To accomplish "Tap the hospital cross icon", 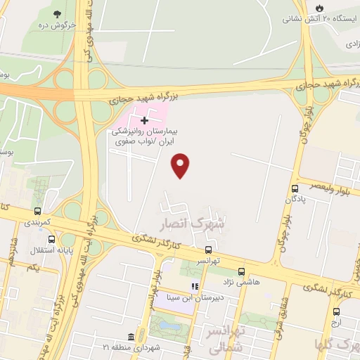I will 145,120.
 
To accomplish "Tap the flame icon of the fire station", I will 320,8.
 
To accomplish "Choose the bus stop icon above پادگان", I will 295,188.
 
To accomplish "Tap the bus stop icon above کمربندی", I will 37,211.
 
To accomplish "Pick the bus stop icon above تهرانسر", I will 207,250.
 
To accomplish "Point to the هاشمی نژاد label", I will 243,281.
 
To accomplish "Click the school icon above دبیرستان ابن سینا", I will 195,286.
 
